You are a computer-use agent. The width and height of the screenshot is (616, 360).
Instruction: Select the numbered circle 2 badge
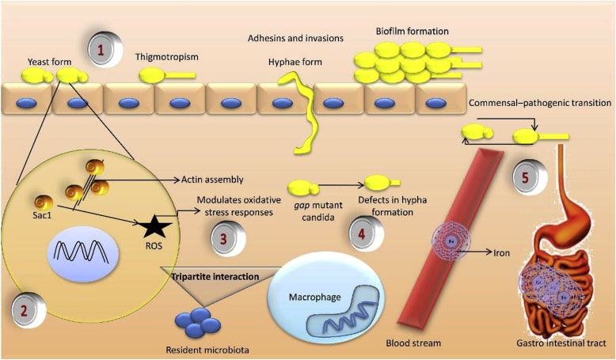click(x=24, y=309)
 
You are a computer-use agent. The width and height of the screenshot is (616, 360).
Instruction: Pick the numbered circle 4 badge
click(x=359, y=233)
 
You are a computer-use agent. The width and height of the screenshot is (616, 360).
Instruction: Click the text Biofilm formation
click(x=413, y=31)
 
